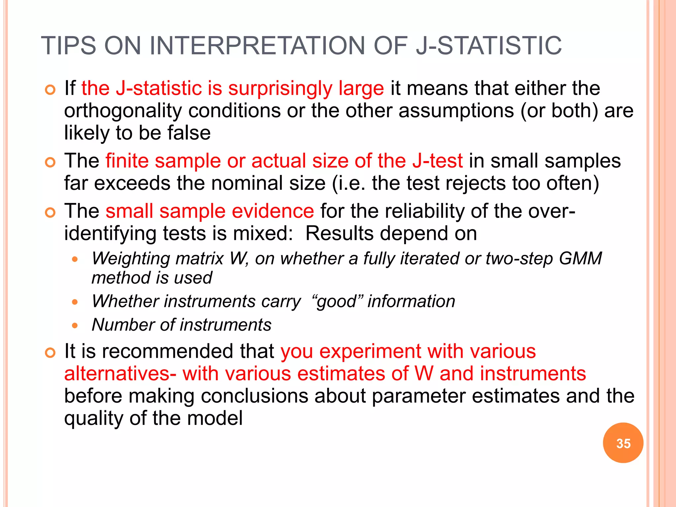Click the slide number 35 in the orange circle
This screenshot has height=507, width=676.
click(x=623, y=443)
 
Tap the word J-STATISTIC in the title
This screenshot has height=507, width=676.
click(x=489, y=46)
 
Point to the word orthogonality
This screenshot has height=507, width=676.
click(x=123, y=111)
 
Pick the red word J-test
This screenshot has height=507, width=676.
click(x=437, y=161)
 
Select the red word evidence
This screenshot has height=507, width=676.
click(x=273, y=211)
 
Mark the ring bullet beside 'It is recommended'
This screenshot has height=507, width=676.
click(x=50, y=353)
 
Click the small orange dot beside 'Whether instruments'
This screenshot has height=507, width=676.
click(x=75, y=302)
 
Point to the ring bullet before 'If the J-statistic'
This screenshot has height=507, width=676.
click(x=50, y=90)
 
